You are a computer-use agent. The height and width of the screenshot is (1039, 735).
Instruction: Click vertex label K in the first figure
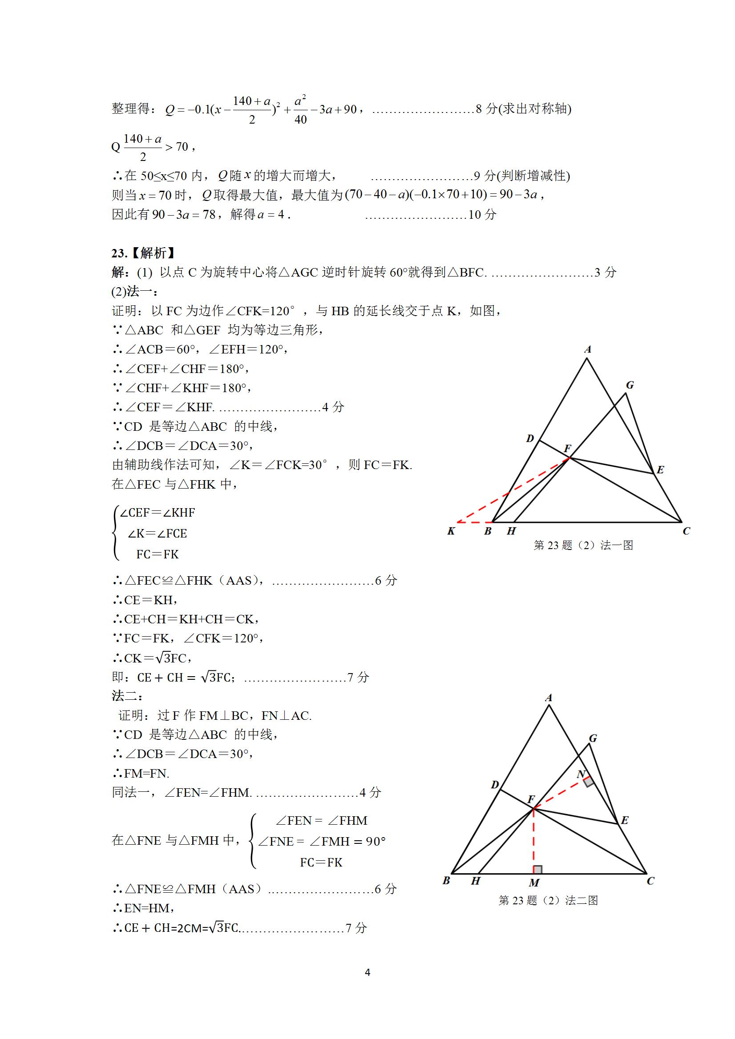451,531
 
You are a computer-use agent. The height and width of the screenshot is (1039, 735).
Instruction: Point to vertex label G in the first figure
630,385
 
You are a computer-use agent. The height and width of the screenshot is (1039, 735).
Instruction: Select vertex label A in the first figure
588,349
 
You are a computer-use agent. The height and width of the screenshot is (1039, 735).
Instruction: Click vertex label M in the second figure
534,883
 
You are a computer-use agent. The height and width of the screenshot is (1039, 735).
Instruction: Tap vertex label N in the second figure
581,774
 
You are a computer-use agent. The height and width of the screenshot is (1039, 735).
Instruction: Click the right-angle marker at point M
537,869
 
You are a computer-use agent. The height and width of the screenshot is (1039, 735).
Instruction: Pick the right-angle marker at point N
588,782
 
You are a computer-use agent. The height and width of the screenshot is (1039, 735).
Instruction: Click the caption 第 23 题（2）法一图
583,546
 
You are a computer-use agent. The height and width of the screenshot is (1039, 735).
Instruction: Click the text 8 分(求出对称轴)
524,109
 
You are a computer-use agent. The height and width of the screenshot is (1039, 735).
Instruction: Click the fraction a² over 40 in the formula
301,110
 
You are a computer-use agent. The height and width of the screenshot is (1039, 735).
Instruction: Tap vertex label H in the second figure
476,881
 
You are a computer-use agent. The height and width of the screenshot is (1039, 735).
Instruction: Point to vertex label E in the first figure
660,470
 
